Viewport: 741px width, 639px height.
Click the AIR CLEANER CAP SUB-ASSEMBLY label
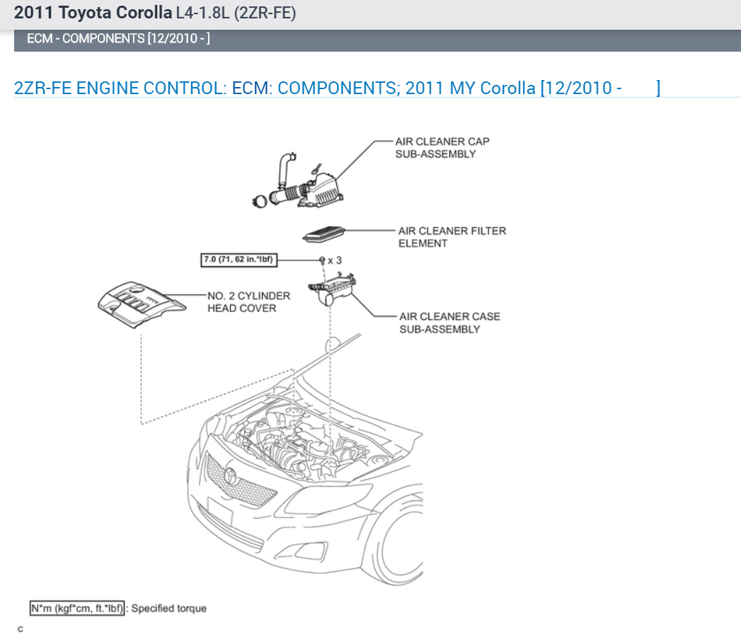[442, 148]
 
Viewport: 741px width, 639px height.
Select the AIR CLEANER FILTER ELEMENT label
[452, 237]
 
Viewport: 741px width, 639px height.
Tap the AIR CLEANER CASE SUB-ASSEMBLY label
[449, 323]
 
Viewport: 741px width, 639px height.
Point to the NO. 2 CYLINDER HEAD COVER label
[248, 302]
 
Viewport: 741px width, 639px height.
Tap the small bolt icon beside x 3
[322, 260]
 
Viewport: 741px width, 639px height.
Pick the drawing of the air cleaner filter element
[323, 233]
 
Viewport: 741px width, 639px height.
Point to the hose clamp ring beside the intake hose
[260, 201]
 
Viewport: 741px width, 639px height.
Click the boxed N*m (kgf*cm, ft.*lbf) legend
[77, 608]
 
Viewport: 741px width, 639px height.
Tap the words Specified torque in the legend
[169, 608]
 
